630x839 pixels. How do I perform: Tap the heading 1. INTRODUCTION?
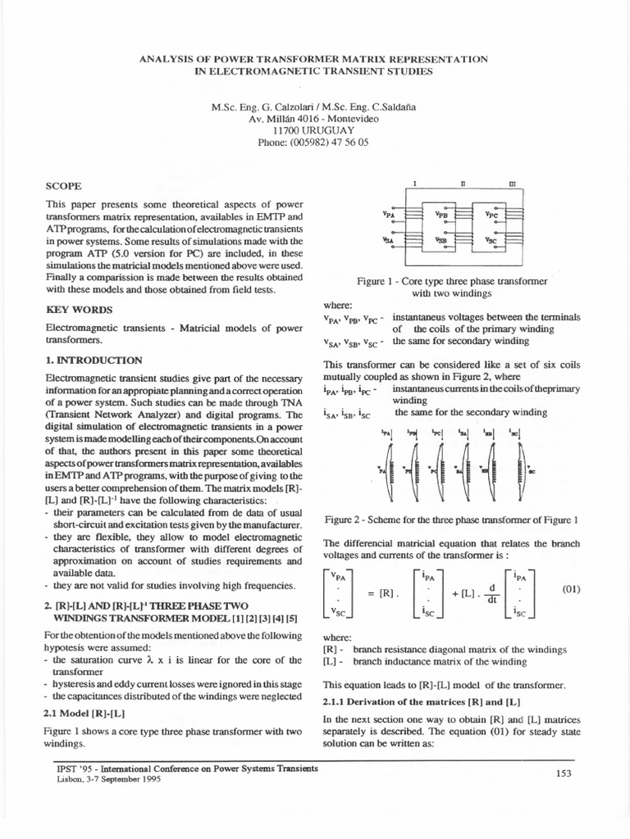click(94, 360)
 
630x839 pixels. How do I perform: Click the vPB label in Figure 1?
click(442, 215)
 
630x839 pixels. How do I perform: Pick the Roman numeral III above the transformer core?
click(512, 185)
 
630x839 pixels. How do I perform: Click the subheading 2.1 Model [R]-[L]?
click(80, 714)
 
